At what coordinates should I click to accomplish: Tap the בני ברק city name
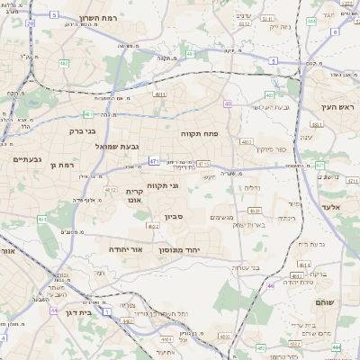(x=83, y=130)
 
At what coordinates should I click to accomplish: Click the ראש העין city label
(x=338, y=108)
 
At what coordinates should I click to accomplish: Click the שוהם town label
(x=326, y=302)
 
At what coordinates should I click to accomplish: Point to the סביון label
(x=173, y=216)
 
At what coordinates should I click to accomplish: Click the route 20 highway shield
(x=30, y=24)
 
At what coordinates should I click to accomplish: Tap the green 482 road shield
(x=64, y=63)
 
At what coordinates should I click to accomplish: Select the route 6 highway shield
(x=335, y=31)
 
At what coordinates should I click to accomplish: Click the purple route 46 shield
(x=271, y=285)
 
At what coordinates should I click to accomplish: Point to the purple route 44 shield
(x=54, y=310)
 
